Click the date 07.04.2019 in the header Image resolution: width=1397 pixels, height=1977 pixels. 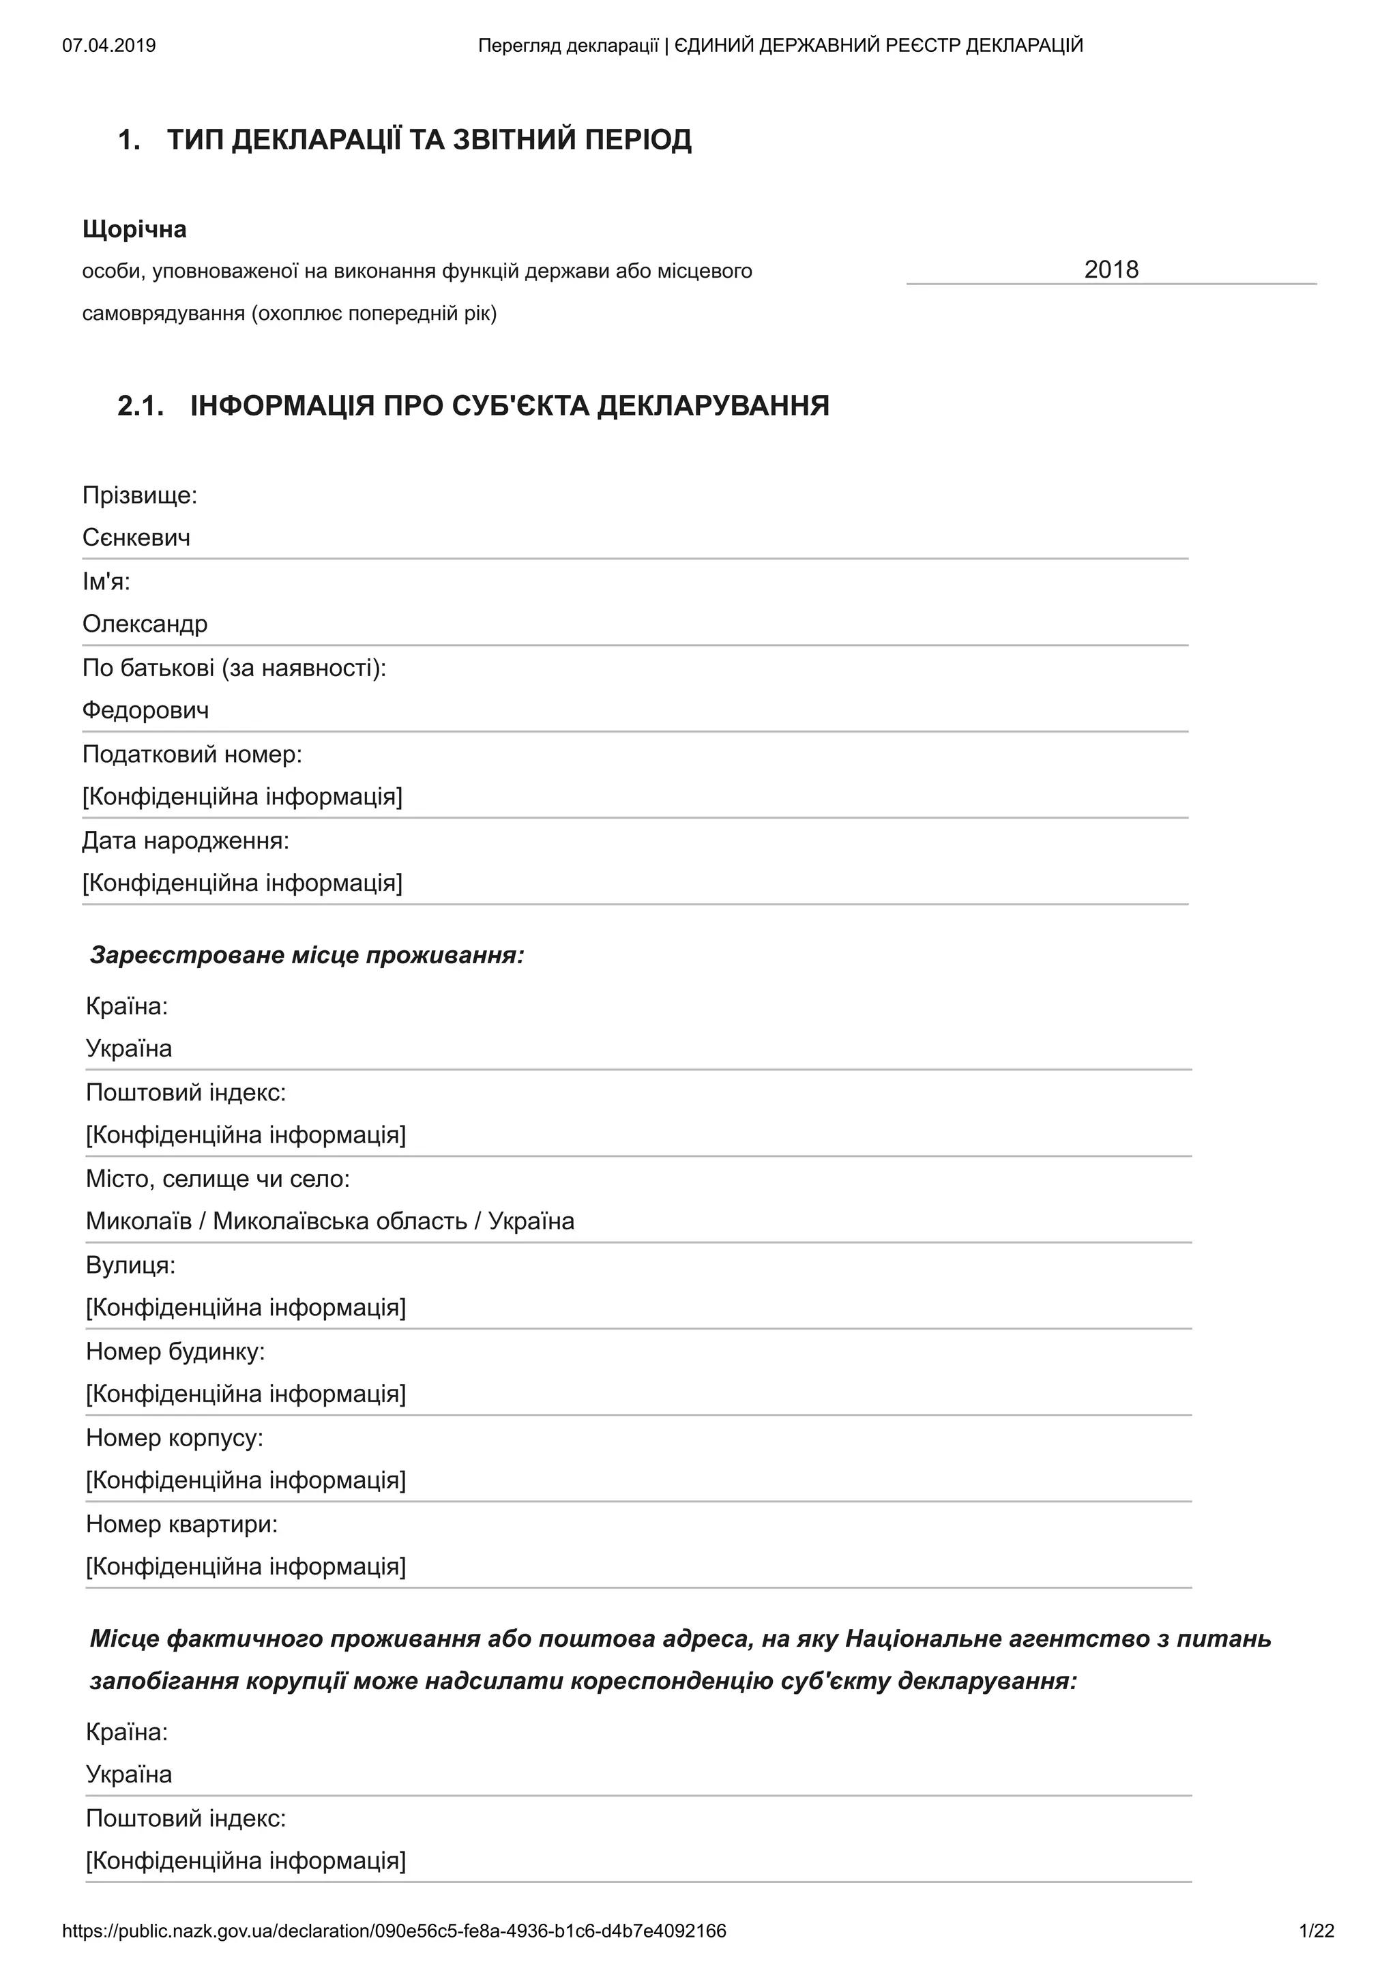click(109, 46)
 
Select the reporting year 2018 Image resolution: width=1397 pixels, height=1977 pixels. click(1111, 270)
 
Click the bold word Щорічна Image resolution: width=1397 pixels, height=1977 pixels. click(134, 230)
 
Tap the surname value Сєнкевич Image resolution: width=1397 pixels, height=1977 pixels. click(136, 538)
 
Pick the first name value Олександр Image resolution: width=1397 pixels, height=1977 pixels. click(145, 624)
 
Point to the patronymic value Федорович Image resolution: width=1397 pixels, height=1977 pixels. click(145, 710)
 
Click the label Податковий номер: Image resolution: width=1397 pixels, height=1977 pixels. click(192, 755)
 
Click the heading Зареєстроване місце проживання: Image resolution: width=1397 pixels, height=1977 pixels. click(306, 956)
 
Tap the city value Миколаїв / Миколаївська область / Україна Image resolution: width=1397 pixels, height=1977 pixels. click(329, 1222)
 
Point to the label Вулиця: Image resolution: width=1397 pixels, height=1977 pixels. click(130, 1265)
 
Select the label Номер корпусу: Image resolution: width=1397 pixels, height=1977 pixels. click(174, 1438)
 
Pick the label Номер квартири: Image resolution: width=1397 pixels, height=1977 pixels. click(181, 1525)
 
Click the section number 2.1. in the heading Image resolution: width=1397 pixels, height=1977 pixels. click(141, 405)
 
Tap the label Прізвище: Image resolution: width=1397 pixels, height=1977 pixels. click(139, 496)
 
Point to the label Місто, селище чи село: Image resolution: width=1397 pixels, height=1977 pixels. click(218, 1180)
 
